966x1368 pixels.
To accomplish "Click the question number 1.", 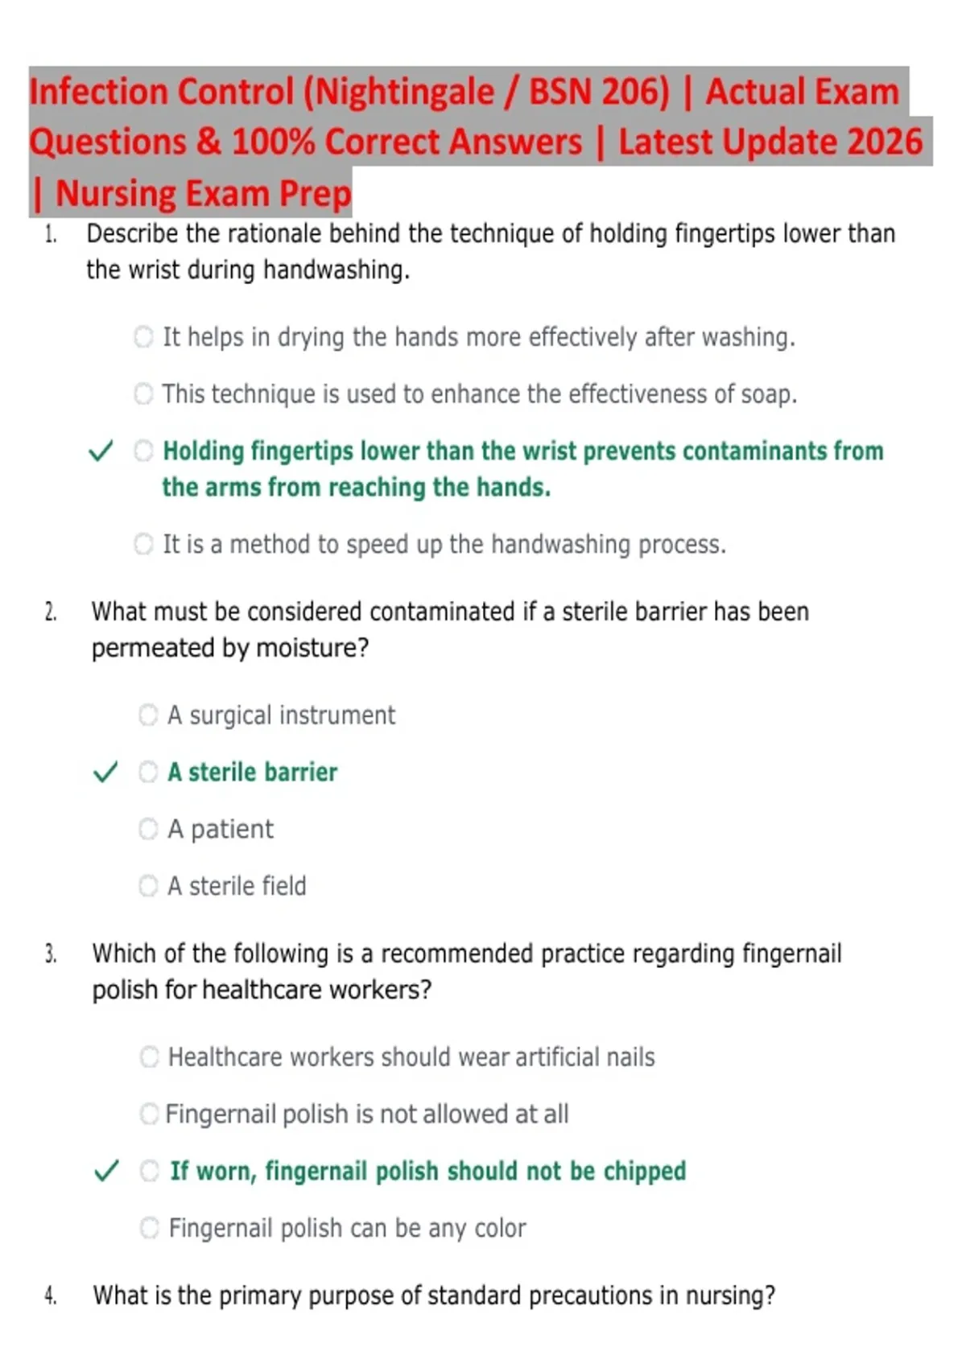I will pos(50,234).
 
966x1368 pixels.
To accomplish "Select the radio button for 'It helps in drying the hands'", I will pos(143,336).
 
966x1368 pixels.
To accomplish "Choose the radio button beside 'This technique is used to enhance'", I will pos(143,394).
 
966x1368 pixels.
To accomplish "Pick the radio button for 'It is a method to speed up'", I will pos(143,545).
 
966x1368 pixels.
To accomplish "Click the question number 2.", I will pos(50,612).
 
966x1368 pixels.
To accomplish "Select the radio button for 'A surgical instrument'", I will pos(148,715).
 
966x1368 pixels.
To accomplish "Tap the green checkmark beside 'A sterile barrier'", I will pos(105,773).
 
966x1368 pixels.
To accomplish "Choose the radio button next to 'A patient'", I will pos(148,829).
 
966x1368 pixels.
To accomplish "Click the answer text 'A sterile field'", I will pos(237,886).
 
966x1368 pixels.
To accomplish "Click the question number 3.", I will pos(50,954).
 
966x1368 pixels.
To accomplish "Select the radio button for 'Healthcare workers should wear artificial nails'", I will pos(149,1057).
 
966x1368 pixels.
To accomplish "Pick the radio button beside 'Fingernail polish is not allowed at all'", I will pos(149,1114).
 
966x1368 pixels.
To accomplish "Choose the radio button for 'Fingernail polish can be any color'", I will pos(149,1228).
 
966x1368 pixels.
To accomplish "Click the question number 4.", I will pos(50,1296).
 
